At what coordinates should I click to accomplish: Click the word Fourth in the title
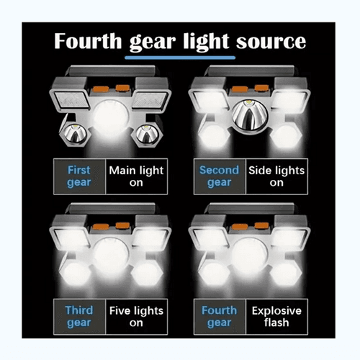point(88,41)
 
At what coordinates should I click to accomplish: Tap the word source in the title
point(271,42)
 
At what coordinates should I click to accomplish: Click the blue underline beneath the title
point(180,58)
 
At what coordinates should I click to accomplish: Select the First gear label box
point(79,176)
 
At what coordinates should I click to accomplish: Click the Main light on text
point(136,176)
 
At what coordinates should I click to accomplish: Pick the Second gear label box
point(220,176)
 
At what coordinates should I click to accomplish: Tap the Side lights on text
point(276,176)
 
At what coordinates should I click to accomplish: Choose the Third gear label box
point(79,317)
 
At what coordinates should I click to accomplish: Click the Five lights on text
point(136,317)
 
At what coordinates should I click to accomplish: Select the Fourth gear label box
point(220,317)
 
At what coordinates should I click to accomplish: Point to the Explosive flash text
point(276,317)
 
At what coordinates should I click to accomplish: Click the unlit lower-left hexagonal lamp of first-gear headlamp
point(75,134)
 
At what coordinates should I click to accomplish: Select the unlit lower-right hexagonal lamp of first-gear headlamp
point(147,134)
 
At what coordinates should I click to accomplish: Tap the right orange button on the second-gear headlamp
point(261,88)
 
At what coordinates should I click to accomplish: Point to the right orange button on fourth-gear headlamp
point(261,225)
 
